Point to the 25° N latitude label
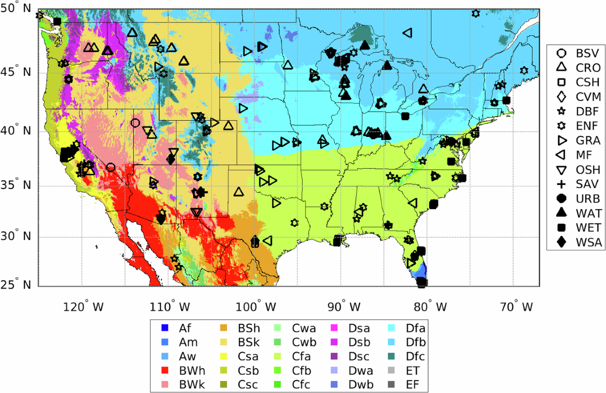pos(18,285)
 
